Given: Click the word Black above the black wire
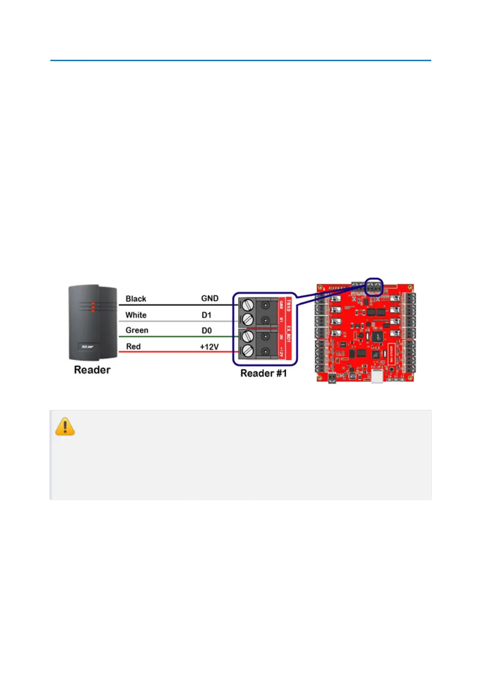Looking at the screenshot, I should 136,298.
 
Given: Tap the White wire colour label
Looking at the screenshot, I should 136,315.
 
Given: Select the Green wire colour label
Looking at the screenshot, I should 136,330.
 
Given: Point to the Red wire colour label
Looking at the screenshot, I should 133,347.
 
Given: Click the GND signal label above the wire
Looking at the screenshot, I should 210,298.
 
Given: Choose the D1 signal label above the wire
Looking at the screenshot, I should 206,315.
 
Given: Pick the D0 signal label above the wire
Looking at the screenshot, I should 206,331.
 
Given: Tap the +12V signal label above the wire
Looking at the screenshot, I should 209,347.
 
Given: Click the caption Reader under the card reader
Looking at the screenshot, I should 92,370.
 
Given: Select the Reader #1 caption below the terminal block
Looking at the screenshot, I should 263,373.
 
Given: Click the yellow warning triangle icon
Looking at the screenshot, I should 65,427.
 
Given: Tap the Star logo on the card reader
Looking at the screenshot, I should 87,347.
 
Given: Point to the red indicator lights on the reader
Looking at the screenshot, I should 93,307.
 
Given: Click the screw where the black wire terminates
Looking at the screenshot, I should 247,305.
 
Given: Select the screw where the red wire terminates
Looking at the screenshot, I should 247,351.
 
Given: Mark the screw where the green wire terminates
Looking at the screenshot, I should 247,336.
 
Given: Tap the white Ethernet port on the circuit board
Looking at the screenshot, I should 377,376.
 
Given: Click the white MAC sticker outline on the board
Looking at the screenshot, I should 391,354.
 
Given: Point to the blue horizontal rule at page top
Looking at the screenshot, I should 240,60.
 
